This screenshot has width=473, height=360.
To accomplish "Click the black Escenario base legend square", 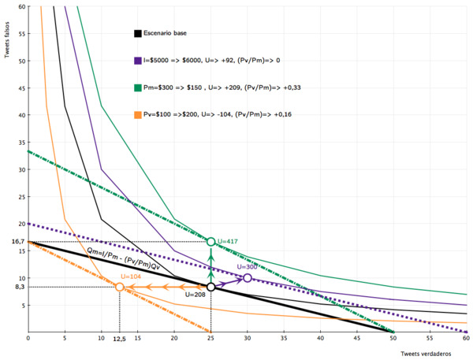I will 138,33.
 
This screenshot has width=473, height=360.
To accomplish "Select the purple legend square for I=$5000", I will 138,60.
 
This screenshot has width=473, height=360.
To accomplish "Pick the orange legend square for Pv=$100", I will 138,114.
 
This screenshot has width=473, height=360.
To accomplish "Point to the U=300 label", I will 248,267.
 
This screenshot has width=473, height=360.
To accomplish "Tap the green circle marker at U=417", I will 210,241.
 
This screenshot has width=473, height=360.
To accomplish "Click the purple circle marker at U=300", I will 248,278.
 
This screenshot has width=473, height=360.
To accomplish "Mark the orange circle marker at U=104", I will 119,287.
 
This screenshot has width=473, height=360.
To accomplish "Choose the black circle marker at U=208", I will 210,287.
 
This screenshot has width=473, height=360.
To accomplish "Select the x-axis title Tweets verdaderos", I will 430,354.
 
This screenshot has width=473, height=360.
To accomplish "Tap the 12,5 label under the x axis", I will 119,340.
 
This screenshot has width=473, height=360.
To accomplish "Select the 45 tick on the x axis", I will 357,338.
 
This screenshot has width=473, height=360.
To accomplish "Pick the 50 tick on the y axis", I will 23,61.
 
